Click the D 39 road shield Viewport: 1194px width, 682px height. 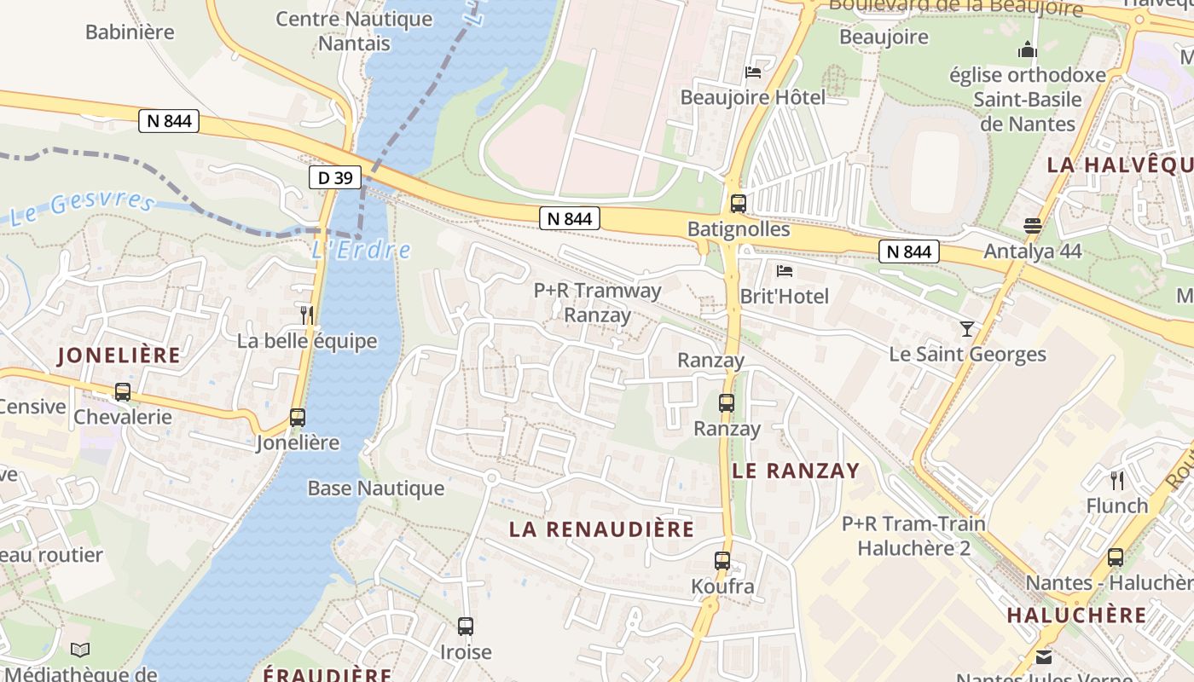[335, 177]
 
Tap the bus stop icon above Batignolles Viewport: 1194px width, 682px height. [739, 204]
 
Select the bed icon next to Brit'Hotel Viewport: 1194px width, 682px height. [785, 271]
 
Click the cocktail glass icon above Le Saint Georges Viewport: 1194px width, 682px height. [967, 328]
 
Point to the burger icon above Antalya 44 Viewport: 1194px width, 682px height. [1033, 226]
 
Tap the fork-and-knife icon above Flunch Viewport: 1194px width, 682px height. [1117, 480]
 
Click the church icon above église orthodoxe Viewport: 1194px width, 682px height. [1028, 50]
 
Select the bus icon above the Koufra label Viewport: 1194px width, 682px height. [722, 561]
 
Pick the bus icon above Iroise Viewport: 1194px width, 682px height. [466, 627]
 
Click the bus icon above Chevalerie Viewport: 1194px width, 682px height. [123, 392]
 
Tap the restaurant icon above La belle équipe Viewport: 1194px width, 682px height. [307, 315]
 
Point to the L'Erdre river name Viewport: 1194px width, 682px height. [361, 250]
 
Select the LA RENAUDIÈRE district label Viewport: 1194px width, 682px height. [602, 529]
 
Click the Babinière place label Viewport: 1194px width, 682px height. [130, 32]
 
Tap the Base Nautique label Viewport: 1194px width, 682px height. [376, 488]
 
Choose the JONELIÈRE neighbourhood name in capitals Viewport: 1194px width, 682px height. [119, 355]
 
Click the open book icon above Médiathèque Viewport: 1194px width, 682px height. [80, 650]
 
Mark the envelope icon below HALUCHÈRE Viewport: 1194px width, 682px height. [1044, 657]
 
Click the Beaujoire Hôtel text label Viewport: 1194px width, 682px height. [752, 97]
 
